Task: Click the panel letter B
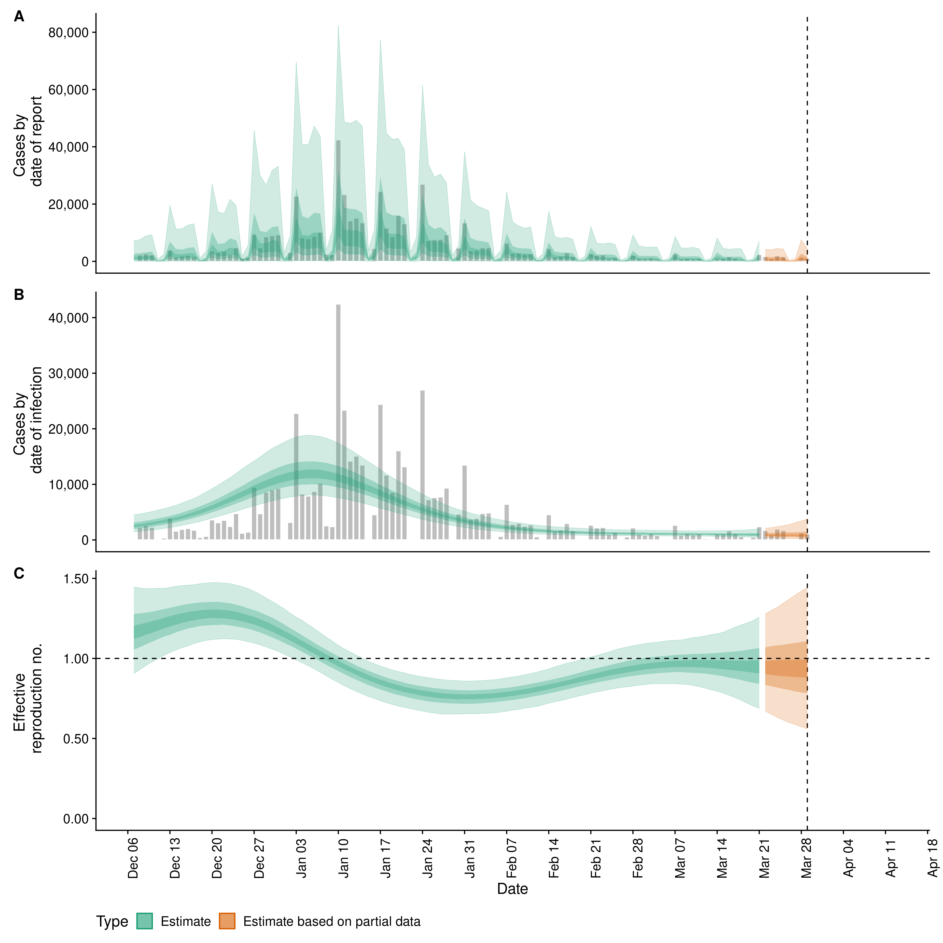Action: click(x=19, y=295)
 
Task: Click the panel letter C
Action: click(x=19, y=573)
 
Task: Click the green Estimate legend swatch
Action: click(x=144, y=921)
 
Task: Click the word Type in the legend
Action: click(x=112, y=922)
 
